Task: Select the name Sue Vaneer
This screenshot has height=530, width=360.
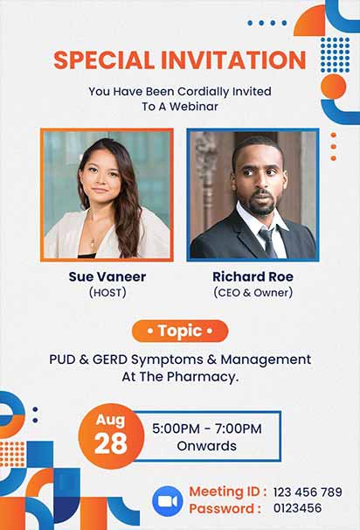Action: (107, 276)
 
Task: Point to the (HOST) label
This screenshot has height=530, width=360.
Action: (107, 292)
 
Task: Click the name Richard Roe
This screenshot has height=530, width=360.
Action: (253, 276)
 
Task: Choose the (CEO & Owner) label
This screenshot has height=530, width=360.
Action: (253, 292)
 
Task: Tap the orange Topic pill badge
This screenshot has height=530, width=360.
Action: (180, 331)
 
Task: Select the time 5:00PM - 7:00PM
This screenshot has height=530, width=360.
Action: (207, 429)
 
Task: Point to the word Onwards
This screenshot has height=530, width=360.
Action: (207, 446)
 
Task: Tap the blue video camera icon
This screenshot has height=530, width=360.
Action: (166, 499)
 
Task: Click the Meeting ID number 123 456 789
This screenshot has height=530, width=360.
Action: (308, 492)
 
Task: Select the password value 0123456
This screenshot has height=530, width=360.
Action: (297, 508)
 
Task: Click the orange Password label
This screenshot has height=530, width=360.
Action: (225, 508)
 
